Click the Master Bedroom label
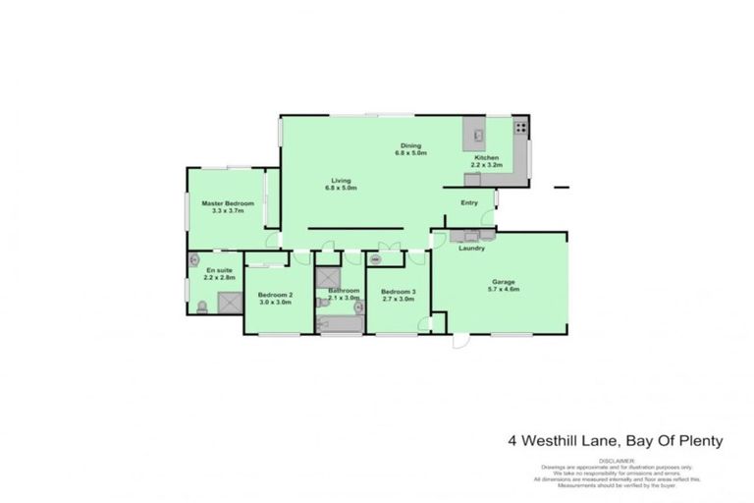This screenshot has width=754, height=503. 228,203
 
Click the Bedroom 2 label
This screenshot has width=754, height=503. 275,294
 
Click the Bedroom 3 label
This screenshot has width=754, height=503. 398,291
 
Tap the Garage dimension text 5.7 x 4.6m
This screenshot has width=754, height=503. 504,291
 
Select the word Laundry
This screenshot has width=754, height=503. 471,248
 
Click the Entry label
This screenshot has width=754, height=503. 469,203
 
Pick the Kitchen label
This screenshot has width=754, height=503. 487,158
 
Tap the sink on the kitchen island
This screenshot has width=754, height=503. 474,132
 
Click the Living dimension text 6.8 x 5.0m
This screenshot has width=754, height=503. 341,188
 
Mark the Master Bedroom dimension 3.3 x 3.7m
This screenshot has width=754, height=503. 228,211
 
